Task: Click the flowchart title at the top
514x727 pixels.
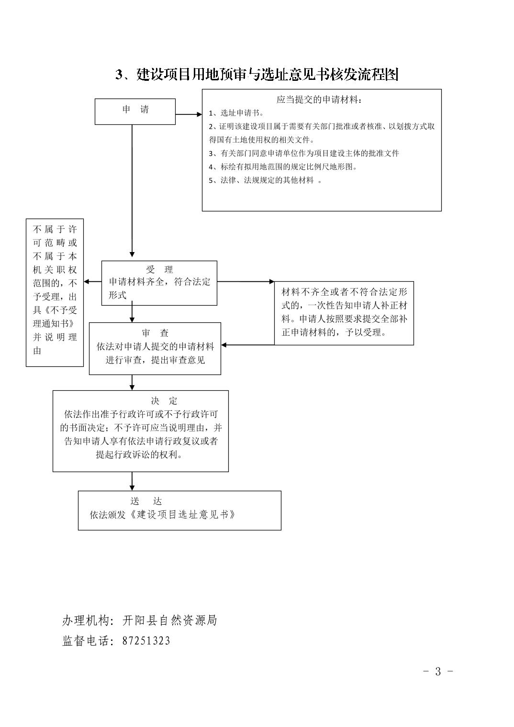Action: [x=257, y=75]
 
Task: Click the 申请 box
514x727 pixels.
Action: [x=135, y=111]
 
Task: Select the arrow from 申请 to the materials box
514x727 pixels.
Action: [x=189, y=114]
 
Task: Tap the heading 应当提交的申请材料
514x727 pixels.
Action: [x=319, y=99]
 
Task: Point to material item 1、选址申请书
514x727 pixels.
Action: [x=236, y=113]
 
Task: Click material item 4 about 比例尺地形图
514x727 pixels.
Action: [x=283, y=167]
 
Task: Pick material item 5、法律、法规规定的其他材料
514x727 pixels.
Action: [x=265, y=180]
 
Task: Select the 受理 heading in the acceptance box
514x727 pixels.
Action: [x=159, y=269]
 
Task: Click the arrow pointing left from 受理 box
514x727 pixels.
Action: [x=92, y=282]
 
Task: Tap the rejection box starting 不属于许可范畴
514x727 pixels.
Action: [x=55, y=293]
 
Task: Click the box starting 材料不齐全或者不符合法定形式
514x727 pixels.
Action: [x=344, y=313]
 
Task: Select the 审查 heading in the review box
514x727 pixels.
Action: [x=155, y=333]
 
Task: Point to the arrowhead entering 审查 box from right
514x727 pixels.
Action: [x=223, y=345]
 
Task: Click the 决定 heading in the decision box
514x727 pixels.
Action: [x=164, y=401]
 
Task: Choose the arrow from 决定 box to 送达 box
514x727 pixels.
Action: [x=132, y=481]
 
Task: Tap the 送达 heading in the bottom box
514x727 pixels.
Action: [x=146, y=501]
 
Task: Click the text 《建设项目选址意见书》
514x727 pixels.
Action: [x=182, y=515]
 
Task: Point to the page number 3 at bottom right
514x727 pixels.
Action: [x=438, y=671]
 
